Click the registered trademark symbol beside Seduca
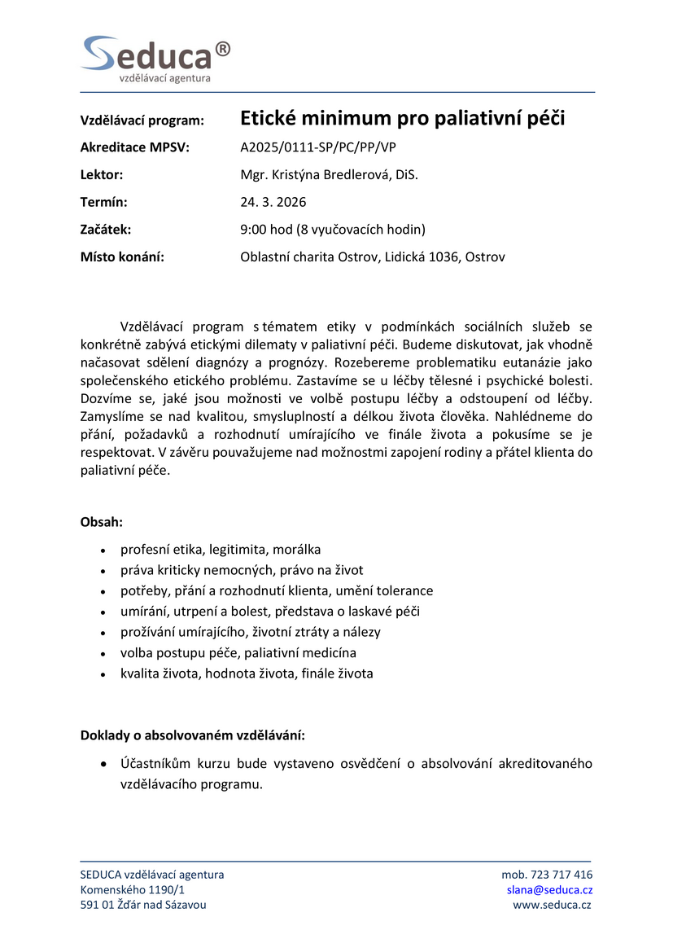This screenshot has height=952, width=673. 223,48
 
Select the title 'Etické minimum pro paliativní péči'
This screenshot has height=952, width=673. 402,119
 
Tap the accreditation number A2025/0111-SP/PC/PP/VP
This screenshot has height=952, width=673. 318,147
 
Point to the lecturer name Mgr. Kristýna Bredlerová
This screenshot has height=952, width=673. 329,175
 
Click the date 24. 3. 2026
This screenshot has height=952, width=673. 273,202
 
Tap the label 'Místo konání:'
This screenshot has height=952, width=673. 122,257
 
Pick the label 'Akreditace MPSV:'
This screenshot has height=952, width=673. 134,147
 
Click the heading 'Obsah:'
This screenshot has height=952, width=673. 102,521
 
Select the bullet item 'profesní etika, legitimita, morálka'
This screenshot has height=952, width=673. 221,550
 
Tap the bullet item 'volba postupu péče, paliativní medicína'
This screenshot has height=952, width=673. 238,652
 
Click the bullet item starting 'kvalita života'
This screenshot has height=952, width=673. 247,673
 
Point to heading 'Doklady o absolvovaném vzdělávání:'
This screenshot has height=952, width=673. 193,735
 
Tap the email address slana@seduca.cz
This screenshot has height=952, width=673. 549,890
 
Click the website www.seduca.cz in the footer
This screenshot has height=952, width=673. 553,905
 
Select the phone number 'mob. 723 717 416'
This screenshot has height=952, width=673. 547,875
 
